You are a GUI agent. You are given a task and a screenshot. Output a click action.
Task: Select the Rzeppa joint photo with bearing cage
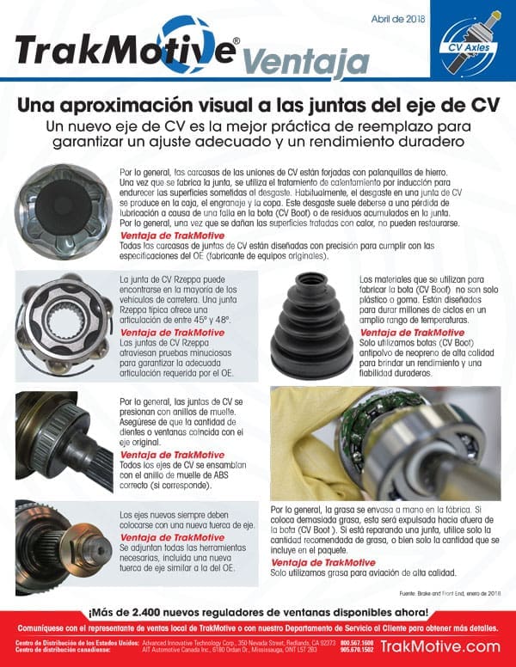pos(60,324)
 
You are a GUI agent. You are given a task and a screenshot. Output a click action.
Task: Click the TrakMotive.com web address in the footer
pos(439,646)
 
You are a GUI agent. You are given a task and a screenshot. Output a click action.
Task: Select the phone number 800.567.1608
pos(356,642)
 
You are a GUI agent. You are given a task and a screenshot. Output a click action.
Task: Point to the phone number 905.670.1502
pos(356,651)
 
